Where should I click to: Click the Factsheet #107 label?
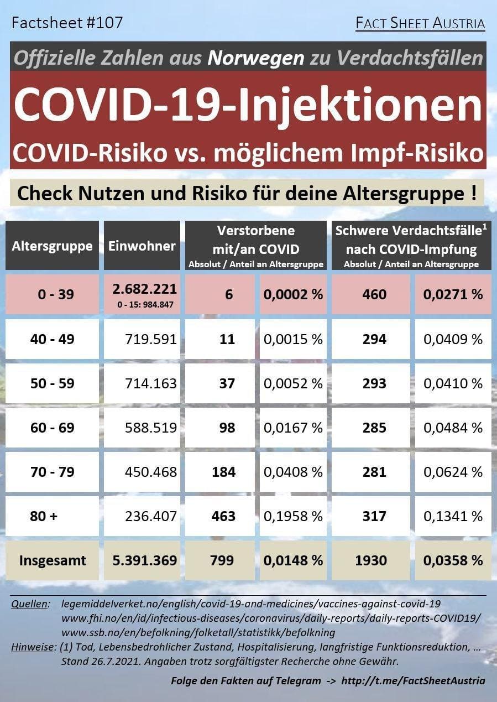(x=67, y=23)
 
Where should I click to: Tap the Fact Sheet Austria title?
(x=420, y=24)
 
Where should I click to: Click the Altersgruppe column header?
(x=52, y=246)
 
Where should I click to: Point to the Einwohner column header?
(x=142, y=246)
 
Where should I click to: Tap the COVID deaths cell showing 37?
(x=227, y=383)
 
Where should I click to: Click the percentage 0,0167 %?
(x=293, y=428)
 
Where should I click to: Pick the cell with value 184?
(x=223, y=472)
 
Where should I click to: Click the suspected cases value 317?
(x=374, y=516)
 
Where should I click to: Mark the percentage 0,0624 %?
(x=453, y=472)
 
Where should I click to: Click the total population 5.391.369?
(x=144, y=560)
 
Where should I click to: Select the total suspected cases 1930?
(x=370, y=560)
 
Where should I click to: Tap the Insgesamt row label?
(x=53, y=560)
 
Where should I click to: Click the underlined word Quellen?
(x=30, y=604)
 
